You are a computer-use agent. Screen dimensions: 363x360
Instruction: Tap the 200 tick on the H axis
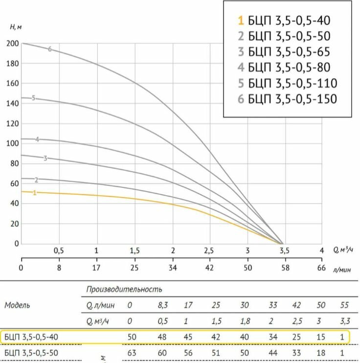tap(13, 44)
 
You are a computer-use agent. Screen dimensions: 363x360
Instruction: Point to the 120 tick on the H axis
tap(13, 123)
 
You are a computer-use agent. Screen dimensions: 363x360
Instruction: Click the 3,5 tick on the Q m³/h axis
tap(284, 250)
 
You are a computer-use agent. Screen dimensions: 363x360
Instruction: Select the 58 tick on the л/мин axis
tap(284, 268)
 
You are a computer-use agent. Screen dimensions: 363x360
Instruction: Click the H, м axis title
tap(16, 26)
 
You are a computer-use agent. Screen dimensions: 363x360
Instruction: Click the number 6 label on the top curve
tap(50, 49)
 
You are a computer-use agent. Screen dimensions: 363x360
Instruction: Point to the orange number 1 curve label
tap(35, 193)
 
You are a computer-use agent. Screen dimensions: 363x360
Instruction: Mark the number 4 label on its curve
tap(37, 139)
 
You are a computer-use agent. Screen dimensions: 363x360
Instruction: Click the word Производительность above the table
tap(124, 290)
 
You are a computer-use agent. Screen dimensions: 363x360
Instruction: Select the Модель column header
tap(17, 305)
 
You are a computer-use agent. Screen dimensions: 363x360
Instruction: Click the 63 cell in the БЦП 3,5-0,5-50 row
tap(130, 352)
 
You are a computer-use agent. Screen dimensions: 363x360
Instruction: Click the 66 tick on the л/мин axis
tap(321, 268)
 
